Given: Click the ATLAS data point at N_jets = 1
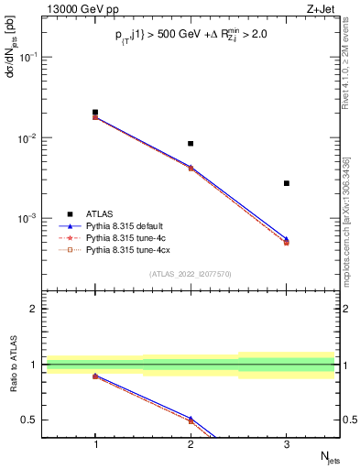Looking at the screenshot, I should pyautogui.click(x=95, y=113).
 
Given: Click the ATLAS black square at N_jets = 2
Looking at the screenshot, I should pyautogui.click(x=191, y=144).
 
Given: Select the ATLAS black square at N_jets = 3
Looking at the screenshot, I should pyautogui.click(x=287, y=183).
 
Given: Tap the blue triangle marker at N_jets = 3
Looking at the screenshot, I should pyautogui.click(x=287, y=239).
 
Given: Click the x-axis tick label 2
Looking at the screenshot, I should pyautogui.click(x=191, y=444).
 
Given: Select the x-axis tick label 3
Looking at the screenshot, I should pyautogui.click(x=287, y=444).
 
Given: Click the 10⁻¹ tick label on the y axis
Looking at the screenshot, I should pyautogui.click(x=29, y=57).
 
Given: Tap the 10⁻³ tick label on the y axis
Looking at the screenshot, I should pyautogui.click(x=29, y=219).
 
